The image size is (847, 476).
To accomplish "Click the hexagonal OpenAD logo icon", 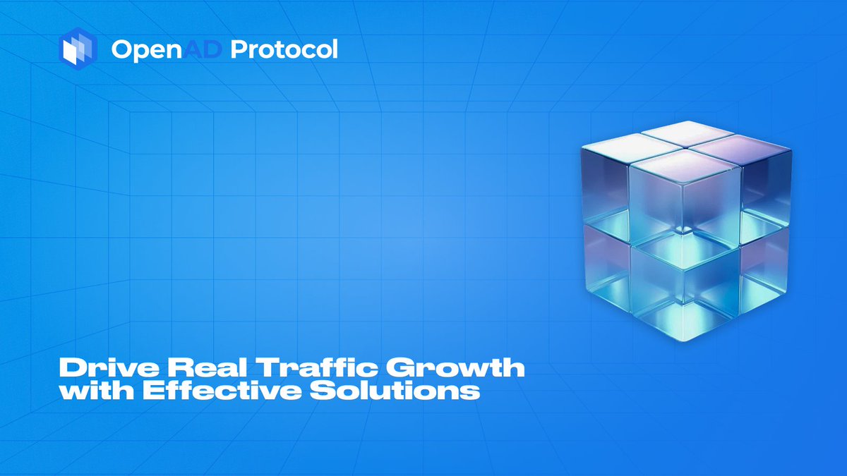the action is point(78,49).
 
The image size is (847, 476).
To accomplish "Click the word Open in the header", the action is point(147,50).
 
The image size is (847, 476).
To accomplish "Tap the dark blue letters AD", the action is point(203,49).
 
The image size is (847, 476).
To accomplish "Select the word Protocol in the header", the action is point(284,49).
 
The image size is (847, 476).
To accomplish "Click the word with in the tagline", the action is point(96,390).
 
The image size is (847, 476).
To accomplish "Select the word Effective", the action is point(222,390).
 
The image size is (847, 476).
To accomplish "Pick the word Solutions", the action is point(395,390).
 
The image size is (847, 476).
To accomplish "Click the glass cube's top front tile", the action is point(685,165).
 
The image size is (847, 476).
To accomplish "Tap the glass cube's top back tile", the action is point(687,133).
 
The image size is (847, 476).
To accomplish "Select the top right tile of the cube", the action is point(740,149).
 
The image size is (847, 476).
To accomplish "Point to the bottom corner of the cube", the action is point(684,341).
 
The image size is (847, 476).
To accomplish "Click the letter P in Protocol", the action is point(240,49).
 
